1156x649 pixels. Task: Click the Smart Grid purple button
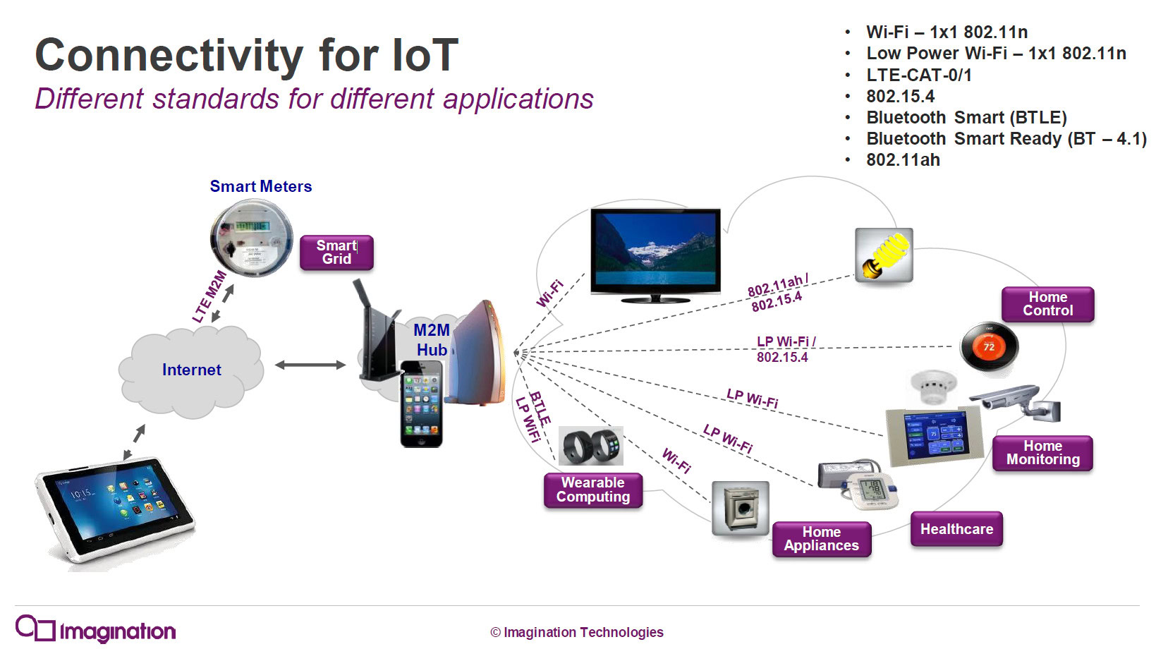click(336, 253)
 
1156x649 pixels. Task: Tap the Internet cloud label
click(191, 370)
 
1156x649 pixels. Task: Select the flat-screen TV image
click(655, 255)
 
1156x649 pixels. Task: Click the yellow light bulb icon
click(884, 255)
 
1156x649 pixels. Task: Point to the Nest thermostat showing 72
click(989, 346)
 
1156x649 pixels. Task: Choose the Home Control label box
click(1047, 304)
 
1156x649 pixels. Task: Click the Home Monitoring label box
click(1042, 453)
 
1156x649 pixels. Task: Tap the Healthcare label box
click(956, 529)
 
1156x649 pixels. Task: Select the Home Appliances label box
click(821, 539)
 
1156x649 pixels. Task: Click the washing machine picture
click(740, 508)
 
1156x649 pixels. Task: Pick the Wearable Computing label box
click(592, 490)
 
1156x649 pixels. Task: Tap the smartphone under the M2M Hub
click(421, 404)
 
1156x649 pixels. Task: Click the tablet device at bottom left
click(115, 511)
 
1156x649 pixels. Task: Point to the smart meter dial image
click(251, 238)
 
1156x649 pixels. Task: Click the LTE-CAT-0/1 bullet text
click(918, 75)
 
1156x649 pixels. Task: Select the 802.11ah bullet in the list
click(903, 160)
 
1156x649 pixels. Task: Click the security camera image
click(1016, 404)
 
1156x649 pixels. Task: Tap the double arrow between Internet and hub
click(310, 365)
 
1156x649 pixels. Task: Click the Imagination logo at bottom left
click(95, 629)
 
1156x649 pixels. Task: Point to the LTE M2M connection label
click(209, 296)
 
